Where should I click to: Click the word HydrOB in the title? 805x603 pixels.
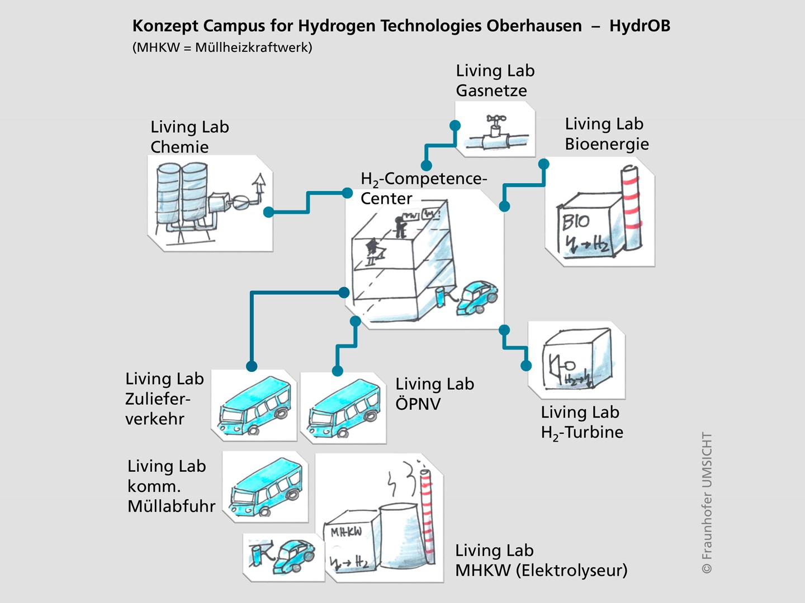(640, 26)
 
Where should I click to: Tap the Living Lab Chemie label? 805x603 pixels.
(190, 137)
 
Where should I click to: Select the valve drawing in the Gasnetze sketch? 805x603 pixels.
(495, 132)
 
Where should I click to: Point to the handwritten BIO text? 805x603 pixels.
(576, 222)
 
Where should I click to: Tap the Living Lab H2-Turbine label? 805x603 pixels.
(582, 422)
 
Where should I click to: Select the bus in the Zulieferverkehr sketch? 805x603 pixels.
(254, 406)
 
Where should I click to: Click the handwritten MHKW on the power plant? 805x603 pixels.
(346, 532)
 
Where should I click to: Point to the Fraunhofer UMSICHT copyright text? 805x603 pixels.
(707, 503)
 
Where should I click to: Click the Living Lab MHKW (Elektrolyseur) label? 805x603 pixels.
(541, 561)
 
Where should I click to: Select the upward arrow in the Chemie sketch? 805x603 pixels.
(259, 186)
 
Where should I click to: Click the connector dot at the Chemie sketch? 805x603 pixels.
(268, 212)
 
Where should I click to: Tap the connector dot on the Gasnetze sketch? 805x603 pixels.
(454, 126)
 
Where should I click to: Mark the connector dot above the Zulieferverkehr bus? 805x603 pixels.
(252, 366)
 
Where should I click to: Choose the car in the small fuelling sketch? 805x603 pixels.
(293, 556)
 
